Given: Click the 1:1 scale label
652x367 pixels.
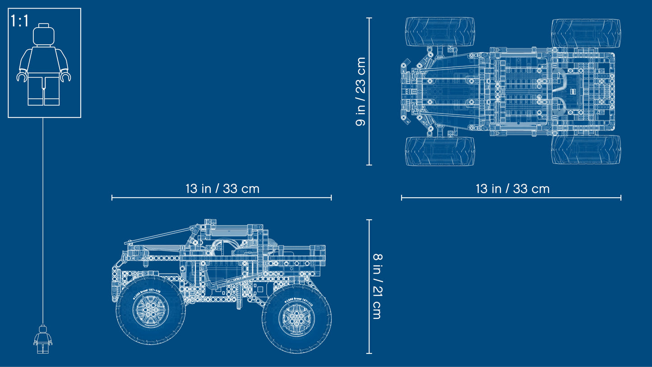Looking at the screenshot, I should point(20,21).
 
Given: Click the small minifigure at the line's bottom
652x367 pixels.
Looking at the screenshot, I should point(43,339).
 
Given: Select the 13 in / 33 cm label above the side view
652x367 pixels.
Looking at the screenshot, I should point(222,188).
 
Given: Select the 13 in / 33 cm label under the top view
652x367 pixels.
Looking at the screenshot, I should point(512,188).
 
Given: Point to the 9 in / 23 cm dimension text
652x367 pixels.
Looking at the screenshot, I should point(361,92).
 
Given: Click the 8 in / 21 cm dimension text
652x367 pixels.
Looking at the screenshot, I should point(377,286).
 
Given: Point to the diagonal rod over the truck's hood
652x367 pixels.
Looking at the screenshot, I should point(158,235).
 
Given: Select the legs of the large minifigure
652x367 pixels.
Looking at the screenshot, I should point(44,90).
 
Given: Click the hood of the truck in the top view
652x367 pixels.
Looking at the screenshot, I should point(447,92).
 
